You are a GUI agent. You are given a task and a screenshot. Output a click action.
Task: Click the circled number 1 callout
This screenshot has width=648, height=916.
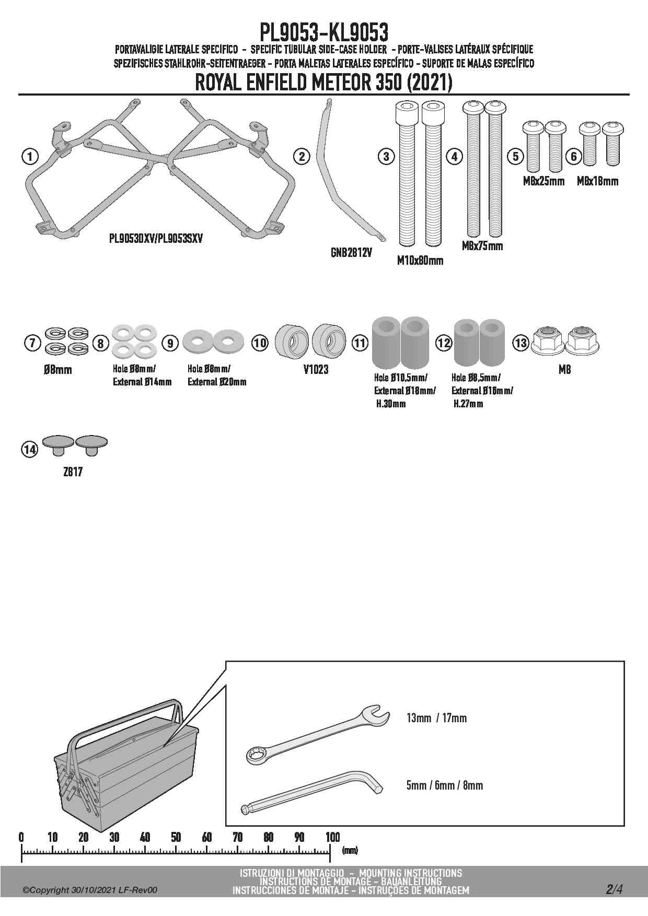pyautogui.click(x=30, y=156)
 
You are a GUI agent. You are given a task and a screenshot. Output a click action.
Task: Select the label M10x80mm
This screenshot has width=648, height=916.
pyautogui.click(x=420, y=260)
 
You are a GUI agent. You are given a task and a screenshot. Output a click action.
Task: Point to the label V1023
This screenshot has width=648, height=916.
pyautogui.click(x=316, y=369)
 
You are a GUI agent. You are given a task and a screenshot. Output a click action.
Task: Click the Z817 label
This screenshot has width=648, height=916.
pyautogui.click(x=73, y=472)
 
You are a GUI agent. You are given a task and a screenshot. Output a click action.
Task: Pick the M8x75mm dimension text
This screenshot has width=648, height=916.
pyautogui.click(x=482, y=245)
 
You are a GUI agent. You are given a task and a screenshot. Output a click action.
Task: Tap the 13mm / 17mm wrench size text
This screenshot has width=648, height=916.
pyautogui.click(x=436, y=718)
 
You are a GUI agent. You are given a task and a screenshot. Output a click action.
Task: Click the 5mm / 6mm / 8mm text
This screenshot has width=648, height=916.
pyautogui.click(x=444, y=785)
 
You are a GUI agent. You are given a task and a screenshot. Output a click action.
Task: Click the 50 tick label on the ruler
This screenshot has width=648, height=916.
pyautogui.click(x=176, y=837)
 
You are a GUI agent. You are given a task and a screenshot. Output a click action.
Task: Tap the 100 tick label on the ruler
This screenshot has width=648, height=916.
pyautogui.click(x=332, y=837)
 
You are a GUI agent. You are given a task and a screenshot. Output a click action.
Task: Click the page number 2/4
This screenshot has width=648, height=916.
pyautogui.click(x=615, y=889)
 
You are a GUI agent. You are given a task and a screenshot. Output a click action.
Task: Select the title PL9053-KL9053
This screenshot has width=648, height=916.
pyautogui.click(x=324, y=32)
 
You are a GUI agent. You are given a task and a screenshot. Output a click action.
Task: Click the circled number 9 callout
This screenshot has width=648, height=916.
pyautogui.click(x=170, y=343)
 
